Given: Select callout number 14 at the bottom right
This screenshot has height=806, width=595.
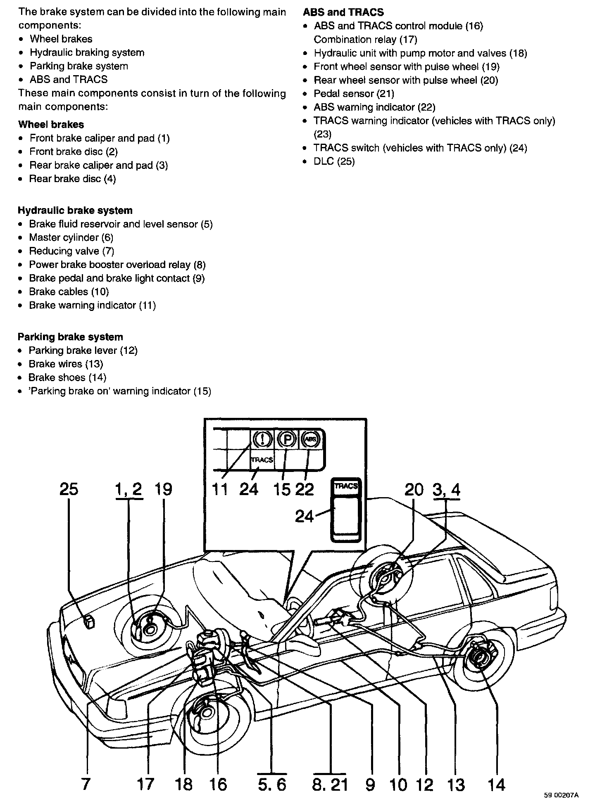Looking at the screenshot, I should coord(496,785).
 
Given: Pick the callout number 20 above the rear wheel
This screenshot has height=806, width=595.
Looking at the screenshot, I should coord(414,490).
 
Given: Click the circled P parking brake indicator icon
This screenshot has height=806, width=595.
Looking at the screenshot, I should coord(286,439).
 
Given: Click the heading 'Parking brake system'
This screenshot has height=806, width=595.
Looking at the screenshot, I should coord(70,337).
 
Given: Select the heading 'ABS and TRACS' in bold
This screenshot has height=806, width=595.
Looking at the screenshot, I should coord(343,12).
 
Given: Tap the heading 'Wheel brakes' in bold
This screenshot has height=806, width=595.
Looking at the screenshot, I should coord(51,124).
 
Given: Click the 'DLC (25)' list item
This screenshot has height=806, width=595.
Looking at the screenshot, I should coord(334,161).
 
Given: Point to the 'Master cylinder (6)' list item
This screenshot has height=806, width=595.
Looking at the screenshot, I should coord(71,237).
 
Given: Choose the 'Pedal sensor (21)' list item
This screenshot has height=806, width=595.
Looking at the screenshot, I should coord(354,94).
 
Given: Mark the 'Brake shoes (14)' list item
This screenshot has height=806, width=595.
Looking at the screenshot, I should coord(67,377).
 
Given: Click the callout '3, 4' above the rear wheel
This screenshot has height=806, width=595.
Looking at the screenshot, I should coord(446,490).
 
